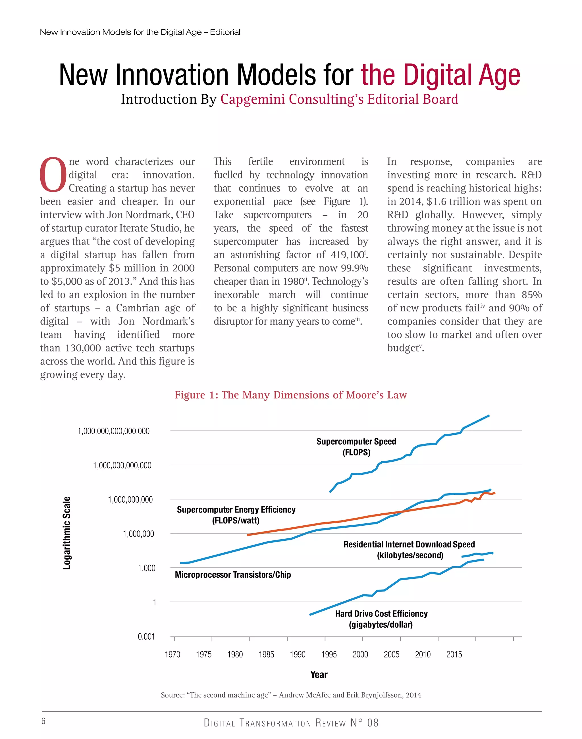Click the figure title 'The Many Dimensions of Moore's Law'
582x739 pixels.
point(291,395)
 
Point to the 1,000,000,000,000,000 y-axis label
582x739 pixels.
point(113,431)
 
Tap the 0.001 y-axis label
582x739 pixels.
point(146,636)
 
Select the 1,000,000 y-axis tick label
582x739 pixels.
point(138,534)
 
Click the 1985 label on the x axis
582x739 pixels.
point(266,655)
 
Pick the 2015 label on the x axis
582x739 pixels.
point(454,655)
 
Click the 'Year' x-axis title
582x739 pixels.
point(319,675)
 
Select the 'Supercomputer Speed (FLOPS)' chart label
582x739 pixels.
point(356,447)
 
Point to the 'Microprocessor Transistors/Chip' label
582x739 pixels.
point(233,575)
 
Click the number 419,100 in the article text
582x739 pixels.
point(347,255)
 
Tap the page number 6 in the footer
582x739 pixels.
point(43,721)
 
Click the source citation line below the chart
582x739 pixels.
point(291,695)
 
